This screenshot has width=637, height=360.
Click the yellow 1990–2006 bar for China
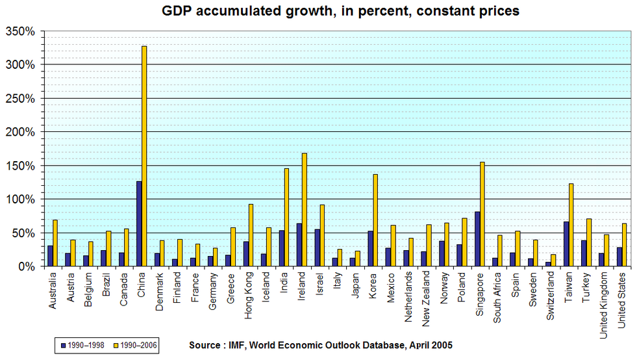click(x=144, y=156)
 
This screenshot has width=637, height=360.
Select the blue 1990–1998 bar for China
click(x=139, y=224)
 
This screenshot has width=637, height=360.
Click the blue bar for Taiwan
click(x=566, y=244)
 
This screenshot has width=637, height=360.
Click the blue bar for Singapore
click(x=477, y=238)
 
